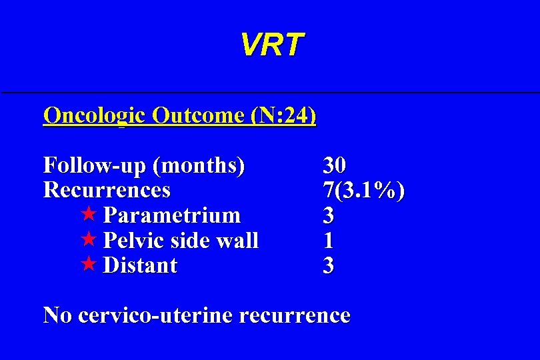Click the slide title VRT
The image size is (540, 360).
point(271,45)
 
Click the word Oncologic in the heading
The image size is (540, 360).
point(94,115)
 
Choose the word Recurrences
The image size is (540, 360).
point(107,190)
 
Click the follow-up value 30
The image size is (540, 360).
point(335,165)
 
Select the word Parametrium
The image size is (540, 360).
point(172,215)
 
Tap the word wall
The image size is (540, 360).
point(237,241)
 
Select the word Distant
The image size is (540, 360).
point(141,265)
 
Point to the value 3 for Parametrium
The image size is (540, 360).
point(329,215)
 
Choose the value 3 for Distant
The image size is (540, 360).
point(329,266)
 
